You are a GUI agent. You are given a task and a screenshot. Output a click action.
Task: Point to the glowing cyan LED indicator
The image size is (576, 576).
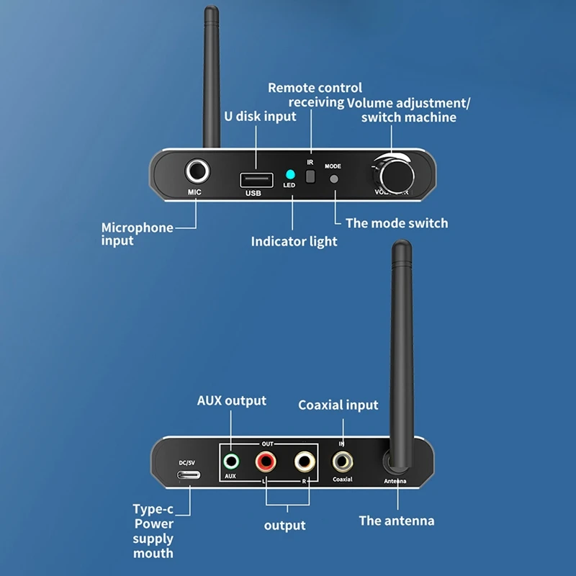coord(289,174)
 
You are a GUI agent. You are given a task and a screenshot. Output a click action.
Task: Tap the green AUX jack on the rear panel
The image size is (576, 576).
coord(231,461)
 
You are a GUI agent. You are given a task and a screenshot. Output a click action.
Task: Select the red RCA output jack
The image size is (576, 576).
coord(266,461)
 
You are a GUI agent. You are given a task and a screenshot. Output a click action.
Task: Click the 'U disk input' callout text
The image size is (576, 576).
coord(259,116)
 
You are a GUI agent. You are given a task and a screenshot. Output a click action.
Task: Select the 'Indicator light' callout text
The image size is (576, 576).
coord(294,241)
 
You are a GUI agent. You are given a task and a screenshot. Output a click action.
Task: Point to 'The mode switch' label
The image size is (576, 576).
coord(396,223)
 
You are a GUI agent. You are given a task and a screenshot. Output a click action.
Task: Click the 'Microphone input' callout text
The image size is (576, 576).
coord(137,234)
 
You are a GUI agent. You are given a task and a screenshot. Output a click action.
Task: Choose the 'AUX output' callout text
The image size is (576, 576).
coord(231,400)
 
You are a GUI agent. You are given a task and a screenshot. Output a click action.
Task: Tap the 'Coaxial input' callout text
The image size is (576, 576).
coord(338,405)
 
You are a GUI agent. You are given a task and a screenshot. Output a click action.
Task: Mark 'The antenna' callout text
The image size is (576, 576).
coord(397,520)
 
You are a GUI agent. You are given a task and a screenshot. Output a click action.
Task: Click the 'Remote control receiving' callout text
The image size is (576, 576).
coord(315,95)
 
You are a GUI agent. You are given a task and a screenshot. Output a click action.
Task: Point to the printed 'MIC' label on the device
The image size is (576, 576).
coord(194,193)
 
